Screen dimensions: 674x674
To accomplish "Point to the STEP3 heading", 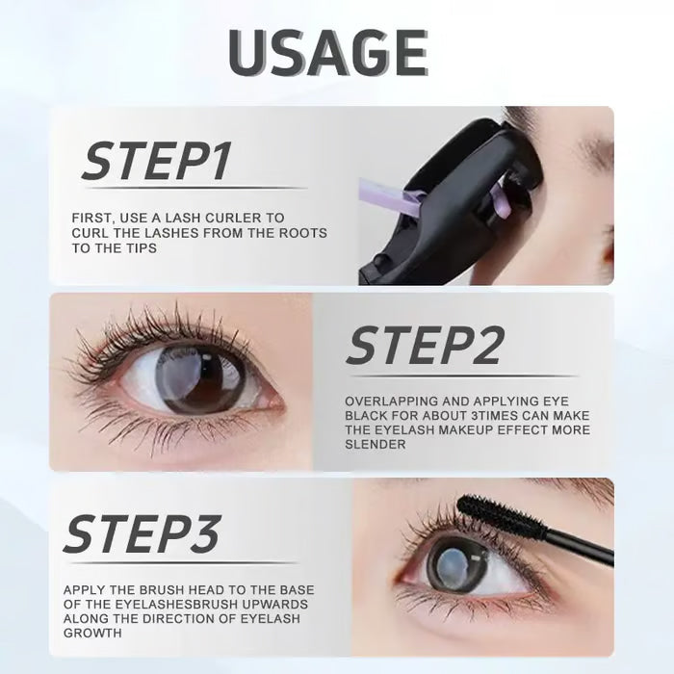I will [x=143, y=534].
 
